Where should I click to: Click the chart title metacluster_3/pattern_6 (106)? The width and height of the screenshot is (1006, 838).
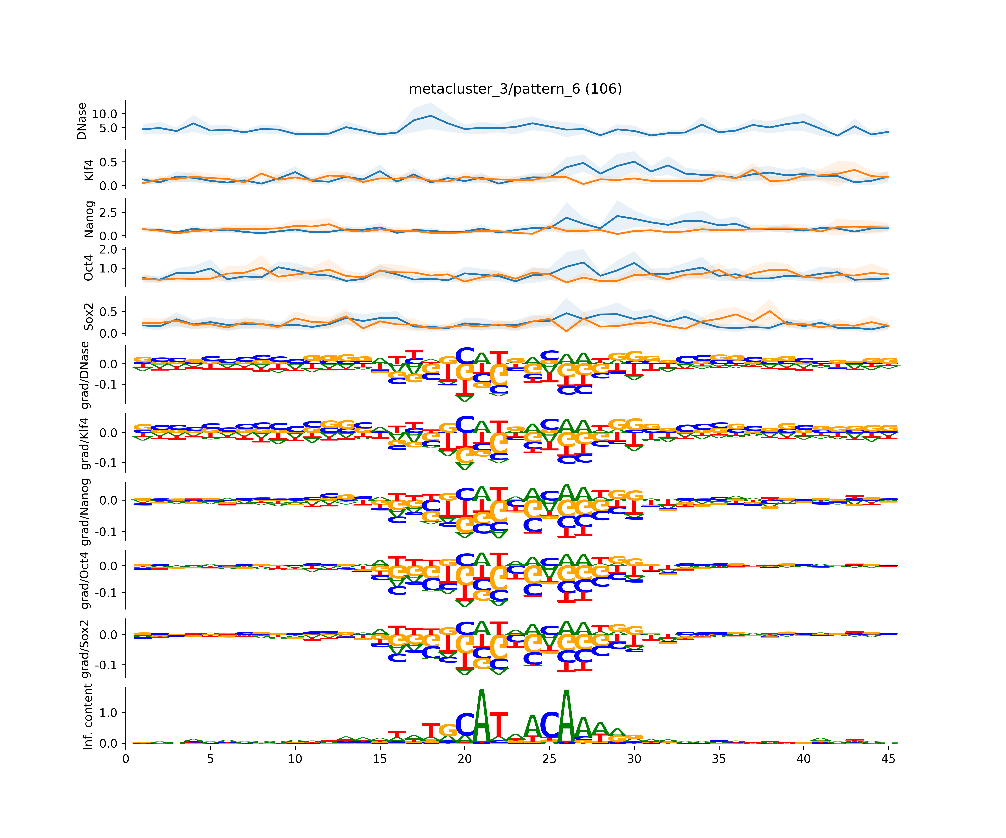tap(515, 89)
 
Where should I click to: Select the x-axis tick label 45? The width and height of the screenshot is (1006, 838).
tap(888, 759)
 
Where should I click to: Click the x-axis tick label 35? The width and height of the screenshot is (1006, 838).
tap(719, 759)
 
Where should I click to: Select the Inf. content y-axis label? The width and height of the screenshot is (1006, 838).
tap(88, 716)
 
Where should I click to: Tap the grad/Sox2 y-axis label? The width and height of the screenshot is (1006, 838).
tap(86, 649)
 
